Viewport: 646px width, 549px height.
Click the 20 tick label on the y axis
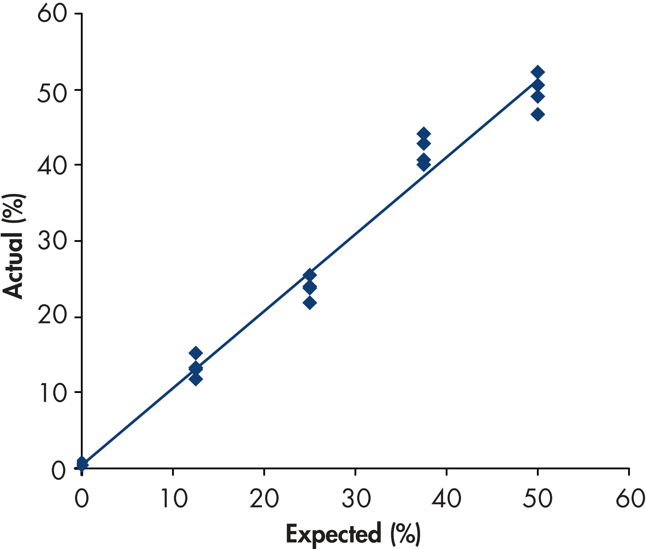[x=52, y=317]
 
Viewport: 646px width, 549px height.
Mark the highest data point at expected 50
[x=537, y=72]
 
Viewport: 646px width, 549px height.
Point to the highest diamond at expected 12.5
[x=196, y=353]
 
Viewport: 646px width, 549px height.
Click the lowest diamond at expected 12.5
[x=196, y=379]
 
